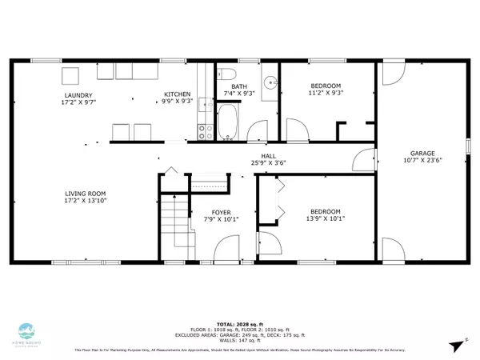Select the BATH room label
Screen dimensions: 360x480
tap(239, 86)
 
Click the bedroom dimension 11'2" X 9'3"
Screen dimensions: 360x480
tap(326, 94)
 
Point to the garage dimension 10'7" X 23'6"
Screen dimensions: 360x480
tap(422, 160)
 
